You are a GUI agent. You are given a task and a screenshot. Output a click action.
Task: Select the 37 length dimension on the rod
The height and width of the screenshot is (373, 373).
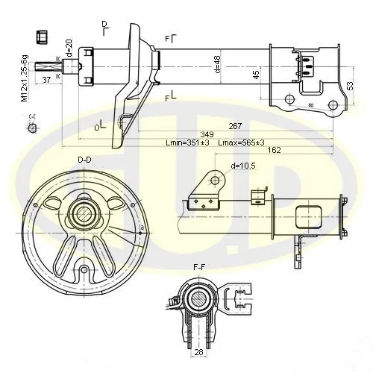pos(47,81)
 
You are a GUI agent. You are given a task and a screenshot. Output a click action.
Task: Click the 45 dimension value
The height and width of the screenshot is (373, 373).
pos(256,74)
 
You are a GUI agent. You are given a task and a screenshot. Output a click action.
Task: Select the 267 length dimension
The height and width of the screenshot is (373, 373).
pos(234,126)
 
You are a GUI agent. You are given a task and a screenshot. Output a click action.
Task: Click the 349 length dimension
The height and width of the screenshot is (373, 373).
pos(196,134)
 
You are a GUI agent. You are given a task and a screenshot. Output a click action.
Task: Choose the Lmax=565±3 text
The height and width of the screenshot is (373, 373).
pos(239,142)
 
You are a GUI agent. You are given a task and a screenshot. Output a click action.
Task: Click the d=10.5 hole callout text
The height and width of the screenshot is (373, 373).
pos(244,166)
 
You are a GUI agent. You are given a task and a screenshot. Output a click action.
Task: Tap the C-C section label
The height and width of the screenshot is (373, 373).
pos(32,116)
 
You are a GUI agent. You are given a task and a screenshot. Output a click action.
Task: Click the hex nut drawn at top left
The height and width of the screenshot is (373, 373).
pos(43,37)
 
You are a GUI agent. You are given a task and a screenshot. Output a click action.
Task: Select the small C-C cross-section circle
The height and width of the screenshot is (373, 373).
pos(32,129)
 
